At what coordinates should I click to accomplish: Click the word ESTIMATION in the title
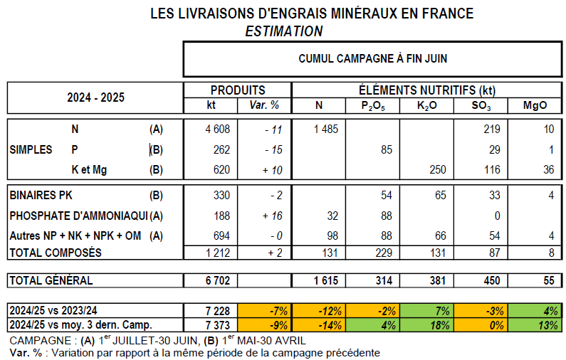tap(283, 31)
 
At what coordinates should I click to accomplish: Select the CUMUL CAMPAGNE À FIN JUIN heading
tap(372, 59)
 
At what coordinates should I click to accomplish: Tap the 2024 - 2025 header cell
tap(95, 97)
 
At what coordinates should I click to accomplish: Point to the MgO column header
tap(535, 106)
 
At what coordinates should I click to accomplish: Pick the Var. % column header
tap(265, 106)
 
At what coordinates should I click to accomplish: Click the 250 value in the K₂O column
tap(436, 170)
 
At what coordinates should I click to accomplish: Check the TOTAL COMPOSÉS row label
tap(55, 253)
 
